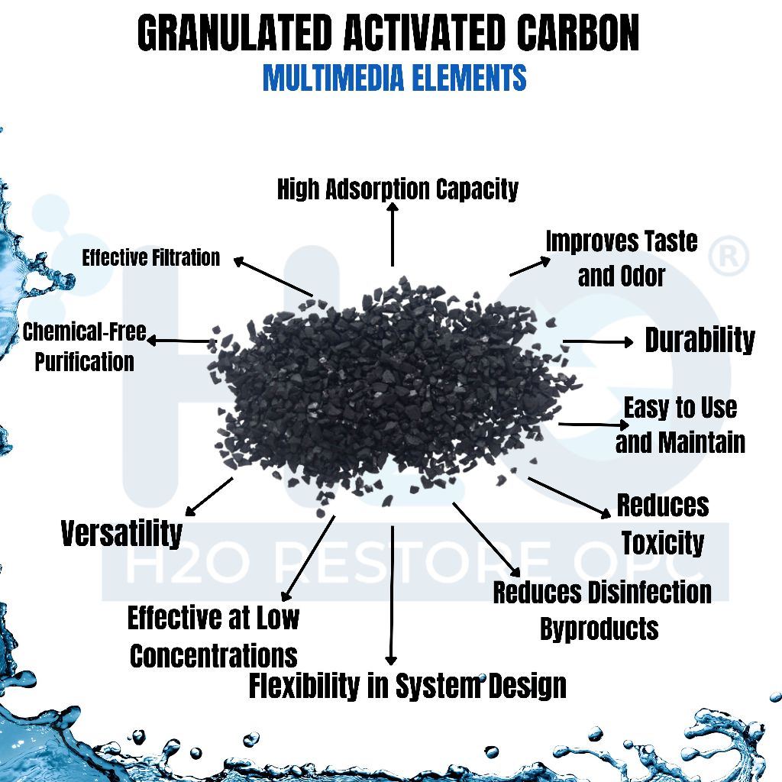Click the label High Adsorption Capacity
(397, 189)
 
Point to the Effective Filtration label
(151, 258)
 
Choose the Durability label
(700, 341)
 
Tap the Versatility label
(122, 533)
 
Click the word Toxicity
(662, 543)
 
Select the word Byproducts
(599, 629)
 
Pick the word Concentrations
(213, 655)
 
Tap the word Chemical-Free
(84, 332)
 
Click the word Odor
(643, 276)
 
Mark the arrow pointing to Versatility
(209, 496)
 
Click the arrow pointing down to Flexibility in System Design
(392, 596)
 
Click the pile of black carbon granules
(389, 389)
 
